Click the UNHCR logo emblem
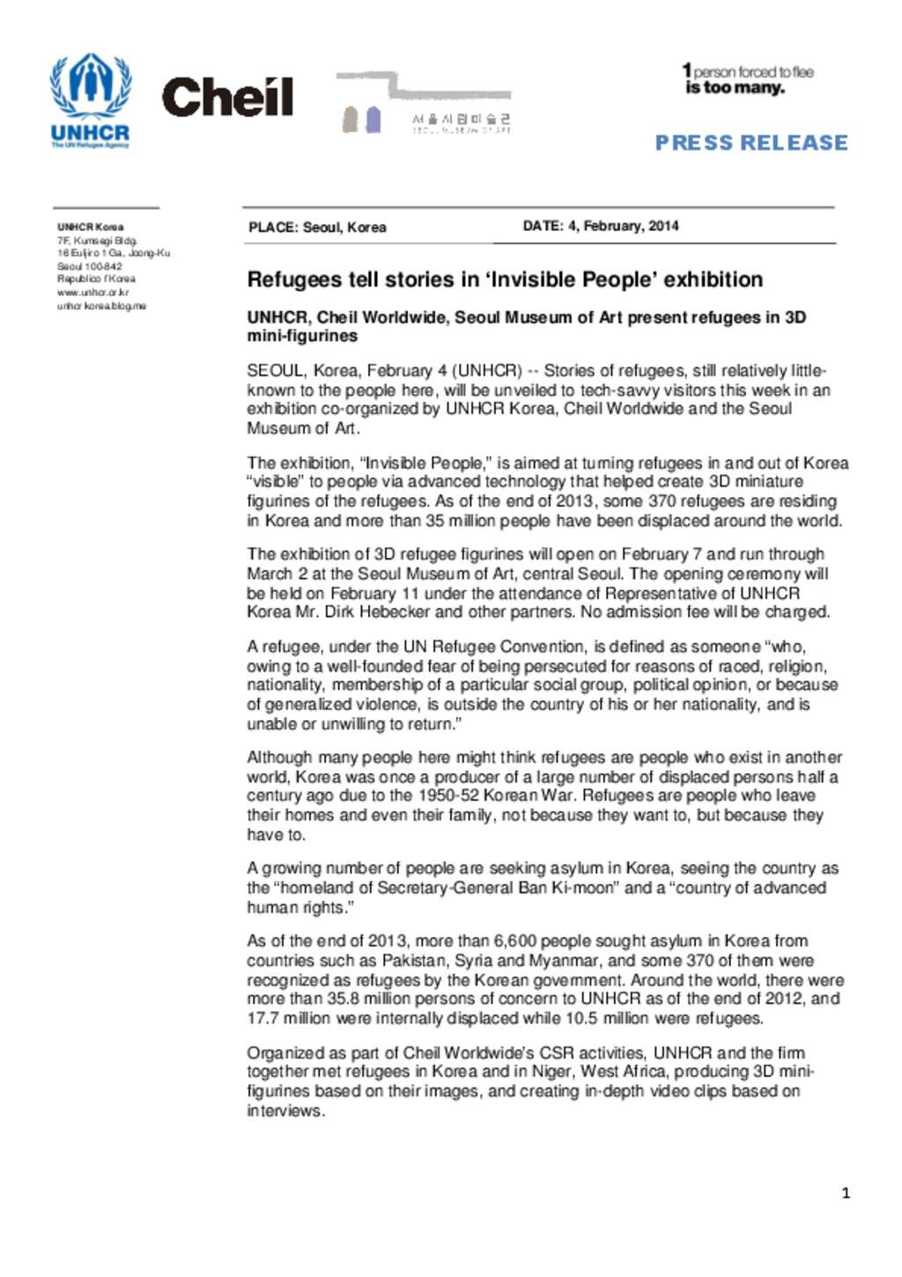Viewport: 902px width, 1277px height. tap(91, 85)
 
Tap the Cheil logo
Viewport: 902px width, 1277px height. tap(227, 98)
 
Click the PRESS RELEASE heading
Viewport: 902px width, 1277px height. tap(750, 143)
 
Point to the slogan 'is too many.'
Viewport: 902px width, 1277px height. tap(735, 88)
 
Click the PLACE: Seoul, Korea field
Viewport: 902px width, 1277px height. tap(317, 227)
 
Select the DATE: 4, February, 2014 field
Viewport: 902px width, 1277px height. tap(601, 226)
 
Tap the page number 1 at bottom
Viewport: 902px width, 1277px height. tap(846, 1193)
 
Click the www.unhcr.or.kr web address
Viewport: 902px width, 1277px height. tap(92, 293)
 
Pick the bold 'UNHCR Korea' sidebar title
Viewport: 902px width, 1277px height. tap(90, 227)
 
